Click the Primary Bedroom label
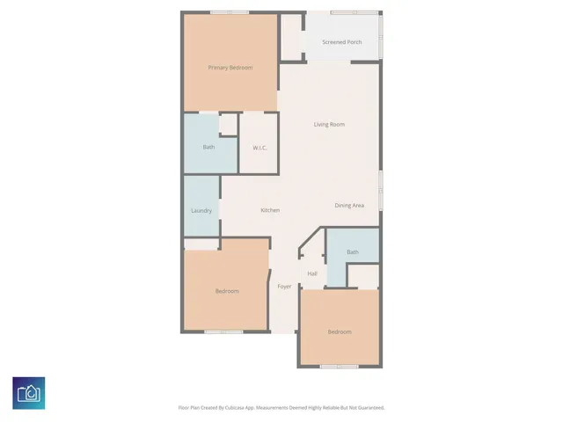pos(230,68)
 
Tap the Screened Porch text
pos(341,42)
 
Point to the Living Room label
pos(329,124)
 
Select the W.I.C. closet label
pos(260,147)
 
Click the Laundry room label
pos(201,210)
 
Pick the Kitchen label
pos(270,210)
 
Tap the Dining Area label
pos(349,206)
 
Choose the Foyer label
pos(284,287)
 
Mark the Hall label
pos(312,273)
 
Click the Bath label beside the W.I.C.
pos(208,147)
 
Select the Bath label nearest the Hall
pos(353,252)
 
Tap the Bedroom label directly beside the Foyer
pos(227,291)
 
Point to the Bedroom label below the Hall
pos(340,331)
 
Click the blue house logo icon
pos(29,392)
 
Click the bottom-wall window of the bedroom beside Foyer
pos(223,331)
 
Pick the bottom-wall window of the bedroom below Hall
pos(339,366)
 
